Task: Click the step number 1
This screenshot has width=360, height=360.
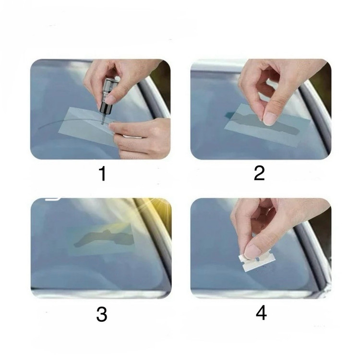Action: point(103,174)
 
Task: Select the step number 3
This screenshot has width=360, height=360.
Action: point(101,314)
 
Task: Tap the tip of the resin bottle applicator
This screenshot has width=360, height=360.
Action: point(102,124)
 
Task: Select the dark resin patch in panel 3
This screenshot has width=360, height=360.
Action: point(103,238)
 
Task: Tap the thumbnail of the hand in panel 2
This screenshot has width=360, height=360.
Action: point(270,118)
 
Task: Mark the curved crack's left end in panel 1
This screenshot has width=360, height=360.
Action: point(38,128)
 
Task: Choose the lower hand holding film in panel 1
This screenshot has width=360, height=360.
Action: point(140,138)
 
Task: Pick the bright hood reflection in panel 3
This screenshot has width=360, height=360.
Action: point(99,293)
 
